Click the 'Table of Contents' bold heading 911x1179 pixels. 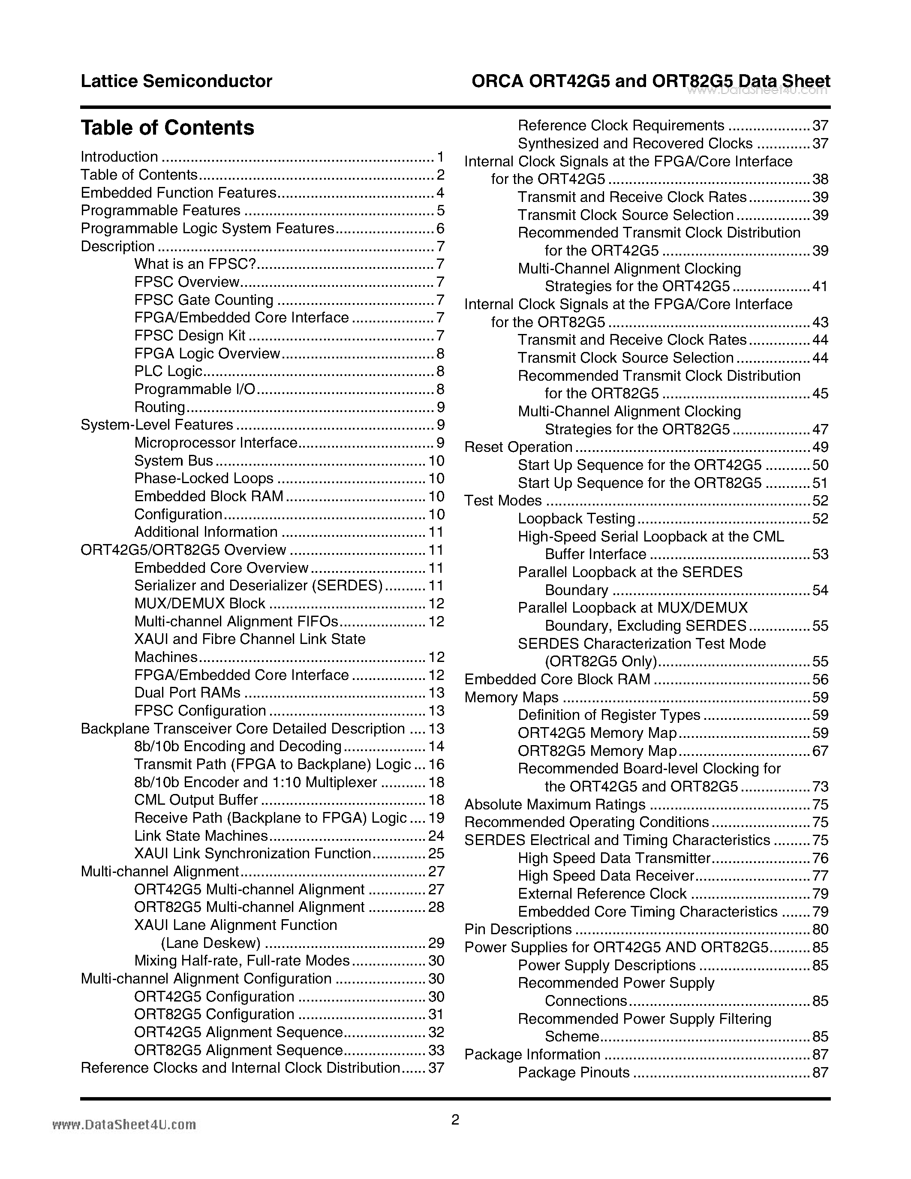(x=167, y=128)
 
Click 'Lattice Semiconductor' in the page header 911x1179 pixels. (x=177, y=81)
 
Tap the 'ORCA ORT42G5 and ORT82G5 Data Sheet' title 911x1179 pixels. (x=650, y=81)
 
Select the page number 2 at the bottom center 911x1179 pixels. (x=455, y=1120)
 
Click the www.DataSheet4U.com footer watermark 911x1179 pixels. (x=124, y=1125)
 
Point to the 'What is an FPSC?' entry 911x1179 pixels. (x=195, y=264)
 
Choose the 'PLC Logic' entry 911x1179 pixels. (x=168, y=371)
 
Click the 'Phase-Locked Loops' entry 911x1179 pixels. (x=204, y=479)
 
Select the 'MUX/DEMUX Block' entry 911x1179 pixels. (x=200, y=604)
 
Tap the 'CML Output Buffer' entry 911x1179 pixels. (x=196, y=800)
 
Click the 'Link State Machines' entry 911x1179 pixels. (x=201, y=836)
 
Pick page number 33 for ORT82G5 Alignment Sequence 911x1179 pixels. (x=436, y=1050)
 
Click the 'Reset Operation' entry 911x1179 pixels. (x=518, y=447)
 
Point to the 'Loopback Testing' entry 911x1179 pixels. (x=576, y=519)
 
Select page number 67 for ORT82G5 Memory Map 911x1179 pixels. (x=820, y=751)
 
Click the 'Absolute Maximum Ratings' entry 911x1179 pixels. (x=555, y=804)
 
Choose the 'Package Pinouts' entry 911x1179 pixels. (x=574, y=1072)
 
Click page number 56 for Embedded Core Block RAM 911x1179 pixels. (x=820, y=679)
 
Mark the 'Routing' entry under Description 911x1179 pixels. (x=160, y=407)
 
